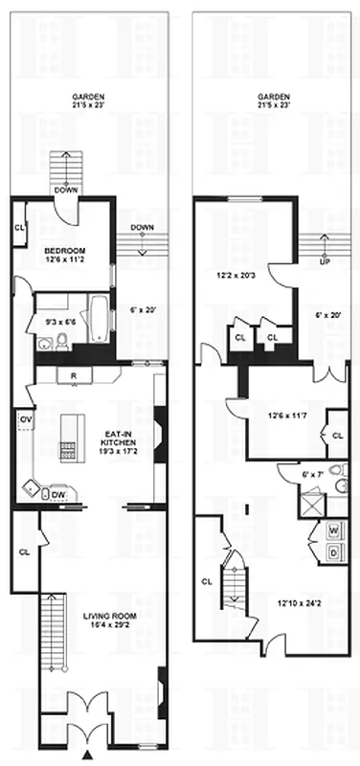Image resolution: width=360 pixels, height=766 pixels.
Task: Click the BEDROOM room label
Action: (65, 250)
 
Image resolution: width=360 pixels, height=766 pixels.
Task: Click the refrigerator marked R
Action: (74, 374)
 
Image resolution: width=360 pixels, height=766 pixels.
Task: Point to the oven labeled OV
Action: (26, 418)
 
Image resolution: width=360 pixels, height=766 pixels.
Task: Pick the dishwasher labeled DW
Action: (58, 493)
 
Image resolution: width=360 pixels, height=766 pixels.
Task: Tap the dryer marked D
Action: (334, 552)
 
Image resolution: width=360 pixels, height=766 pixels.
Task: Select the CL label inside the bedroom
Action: (19, 228)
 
